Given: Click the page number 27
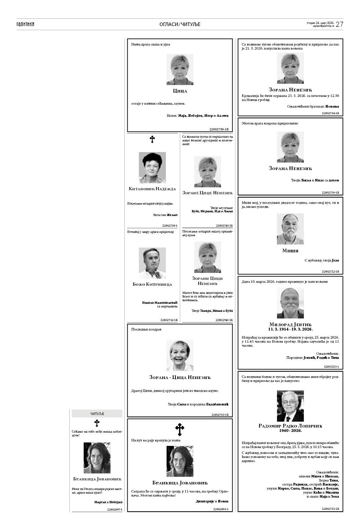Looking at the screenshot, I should click(339, 24).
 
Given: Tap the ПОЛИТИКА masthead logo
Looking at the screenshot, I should click(25, 24).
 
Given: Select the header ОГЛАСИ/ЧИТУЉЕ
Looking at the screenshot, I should click(180, 24).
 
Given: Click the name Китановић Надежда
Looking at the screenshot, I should click(152, 189).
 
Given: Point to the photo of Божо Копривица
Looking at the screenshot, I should click(152, 263).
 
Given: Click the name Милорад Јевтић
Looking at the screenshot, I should click(290, 325).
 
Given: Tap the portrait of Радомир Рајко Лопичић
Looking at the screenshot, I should click(290, 406).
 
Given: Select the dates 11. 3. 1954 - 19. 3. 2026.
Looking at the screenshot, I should click(290, 329).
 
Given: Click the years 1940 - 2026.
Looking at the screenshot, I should click(290, 430).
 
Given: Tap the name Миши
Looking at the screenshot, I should click(290, 251).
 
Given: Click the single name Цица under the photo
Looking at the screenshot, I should click(180, 91).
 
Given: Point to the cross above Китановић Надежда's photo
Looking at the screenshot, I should click(152, 139).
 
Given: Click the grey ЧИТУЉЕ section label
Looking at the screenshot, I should click(97, 414).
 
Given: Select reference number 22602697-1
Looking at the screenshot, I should click(114, 509).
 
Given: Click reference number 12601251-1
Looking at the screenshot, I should click(331, 367).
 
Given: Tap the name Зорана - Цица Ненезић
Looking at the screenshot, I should click(180, 377).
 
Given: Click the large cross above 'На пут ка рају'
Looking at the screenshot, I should click(180, 429).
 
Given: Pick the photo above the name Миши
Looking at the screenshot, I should click(290, 229).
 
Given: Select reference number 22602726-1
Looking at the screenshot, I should click(170, 226).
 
